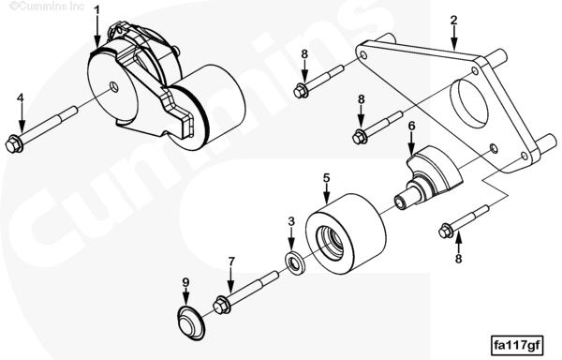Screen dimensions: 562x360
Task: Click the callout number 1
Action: pyautogui.click(x=96, y=10)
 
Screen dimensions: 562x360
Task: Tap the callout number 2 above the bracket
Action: pyautogui.click(x=454, y=20)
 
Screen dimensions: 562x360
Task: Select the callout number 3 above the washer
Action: pyautogui.click(x=291, y=221)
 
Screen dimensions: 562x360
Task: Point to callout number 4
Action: pyautogui.click(x=21, y=97)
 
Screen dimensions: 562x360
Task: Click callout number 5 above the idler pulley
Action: pyautogui.click(x=326, y=178)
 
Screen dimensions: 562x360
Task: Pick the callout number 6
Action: pyautogui.click(x=411, y=126)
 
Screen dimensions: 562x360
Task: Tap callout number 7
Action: pyautogui.click(x=231, y=262)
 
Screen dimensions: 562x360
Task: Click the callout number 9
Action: pyautogui.click(x=185, y=282)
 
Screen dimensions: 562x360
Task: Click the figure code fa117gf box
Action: pyautogui.click(x=517, y=345)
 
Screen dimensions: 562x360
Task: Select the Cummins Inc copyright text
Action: pyautogui.click(x=47, y=7)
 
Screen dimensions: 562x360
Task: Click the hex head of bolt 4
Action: pyautogui.click(x=13, y=144)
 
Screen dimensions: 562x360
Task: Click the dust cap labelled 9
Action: pyautogui.click(x=192, y=323)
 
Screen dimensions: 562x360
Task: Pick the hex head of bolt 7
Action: pyautogui.click(x=220, y=306)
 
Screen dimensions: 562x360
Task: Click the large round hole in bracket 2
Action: pyautogui.click(x=468, y=103)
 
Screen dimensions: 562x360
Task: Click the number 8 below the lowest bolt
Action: pyautogui.click(x=458, y=258)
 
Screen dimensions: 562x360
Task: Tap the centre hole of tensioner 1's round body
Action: pyautogui.click(x=114, y=86)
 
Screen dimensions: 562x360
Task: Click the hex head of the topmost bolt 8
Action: pyautogui.click(x=301, y=90)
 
